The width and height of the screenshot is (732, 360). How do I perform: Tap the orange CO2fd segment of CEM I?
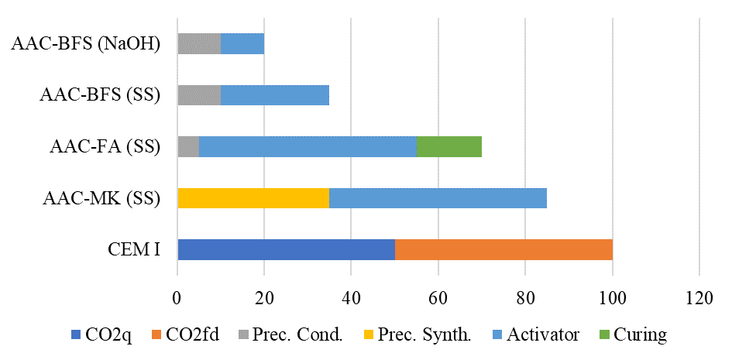503,249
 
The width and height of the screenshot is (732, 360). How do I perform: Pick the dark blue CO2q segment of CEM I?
286,249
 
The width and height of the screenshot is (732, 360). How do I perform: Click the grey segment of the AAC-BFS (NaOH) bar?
199,43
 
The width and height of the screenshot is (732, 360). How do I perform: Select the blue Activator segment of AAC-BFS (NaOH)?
242,43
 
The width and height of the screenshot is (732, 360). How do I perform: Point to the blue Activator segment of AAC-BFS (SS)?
275,95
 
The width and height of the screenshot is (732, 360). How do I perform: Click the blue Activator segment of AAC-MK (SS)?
438,198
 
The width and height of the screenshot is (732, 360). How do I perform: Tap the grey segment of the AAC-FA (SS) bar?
188,146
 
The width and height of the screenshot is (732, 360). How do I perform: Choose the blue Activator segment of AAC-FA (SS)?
308,146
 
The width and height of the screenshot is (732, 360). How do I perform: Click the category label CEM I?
134,250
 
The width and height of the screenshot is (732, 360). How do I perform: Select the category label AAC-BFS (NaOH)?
86,43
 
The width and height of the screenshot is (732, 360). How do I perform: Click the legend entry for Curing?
640,335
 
